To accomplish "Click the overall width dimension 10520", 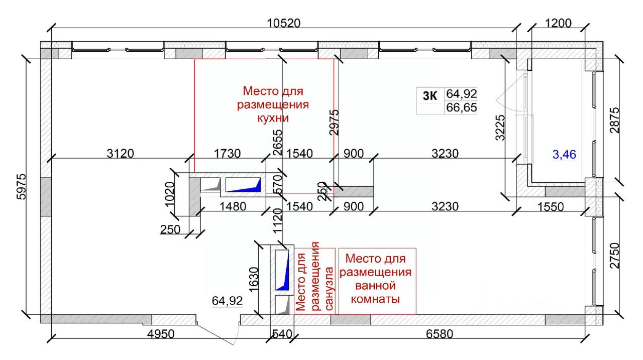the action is pos(284,23).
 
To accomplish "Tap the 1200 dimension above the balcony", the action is pos(558,23).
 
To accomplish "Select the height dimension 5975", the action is pos(22,186).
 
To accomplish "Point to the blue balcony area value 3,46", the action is pos(564,155).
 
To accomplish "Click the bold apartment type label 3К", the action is pos(430,96).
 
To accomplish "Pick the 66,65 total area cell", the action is pos(461,107).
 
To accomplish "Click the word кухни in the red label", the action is pos(273,118).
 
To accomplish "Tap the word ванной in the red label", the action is pos(375,286).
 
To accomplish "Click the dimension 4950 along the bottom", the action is pos(161,334).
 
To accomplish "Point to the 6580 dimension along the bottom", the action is pos(440,334).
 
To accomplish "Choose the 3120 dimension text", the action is pos(120,154).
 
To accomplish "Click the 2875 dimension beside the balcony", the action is pos(614,120).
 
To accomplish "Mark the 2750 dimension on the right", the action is pos(614,256).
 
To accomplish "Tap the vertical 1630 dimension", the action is pos(254,280).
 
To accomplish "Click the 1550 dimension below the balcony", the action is pos(550,207).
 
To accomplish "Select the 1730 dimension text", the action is pos(228,154).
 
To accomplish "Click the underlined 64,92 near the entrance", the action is pos(228,301).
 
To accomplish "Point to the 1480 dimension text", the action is pos(233,206).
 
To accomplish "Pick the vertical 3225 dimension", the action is pos(500,128).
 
